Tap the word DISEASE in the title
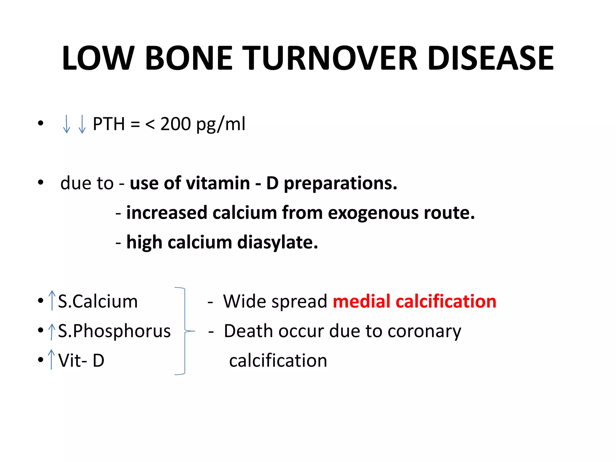pyautogui.click(x=490, y=58)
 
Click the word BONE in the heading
pyautogui.click(x=189, y=58)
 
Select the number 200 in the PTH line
pyautogui.click(x=175, y=124)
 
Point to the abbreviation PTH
pyautogui.click(x=109, y=124)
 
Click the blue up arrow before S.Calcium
pyautogui.click(x=52, y=300)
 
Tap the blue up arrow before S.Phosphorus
pyautogui.click(x=52, y=331)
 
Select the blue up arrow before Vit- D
pyautogui.click(x=52, y=359)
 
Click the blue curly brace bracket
pyautogui.click(x=184, y=331)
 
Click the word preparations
pyautogui.click(x=340, y=183)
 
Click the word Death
pyautogui.click(x=249, y=331)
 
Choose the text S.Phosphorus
pyautogui.click(x=114, y=331)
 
